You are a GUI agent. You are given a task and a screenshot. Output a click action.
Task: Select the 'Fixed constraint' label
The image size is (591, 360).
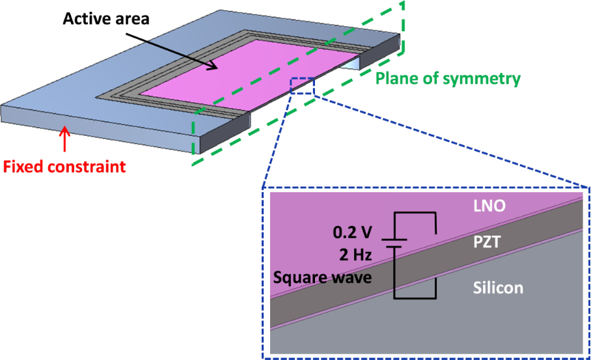pyautogui.click(x=64, y=167)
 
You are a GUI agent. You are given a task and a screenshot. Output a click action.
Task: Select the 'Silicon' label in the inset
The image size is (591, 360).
pyautogui.click(x=497, y=287)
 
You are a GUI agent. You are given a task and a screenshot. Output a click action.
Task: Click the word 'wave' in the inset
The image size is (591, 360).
pyautogui.click(x=355, y=279)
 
